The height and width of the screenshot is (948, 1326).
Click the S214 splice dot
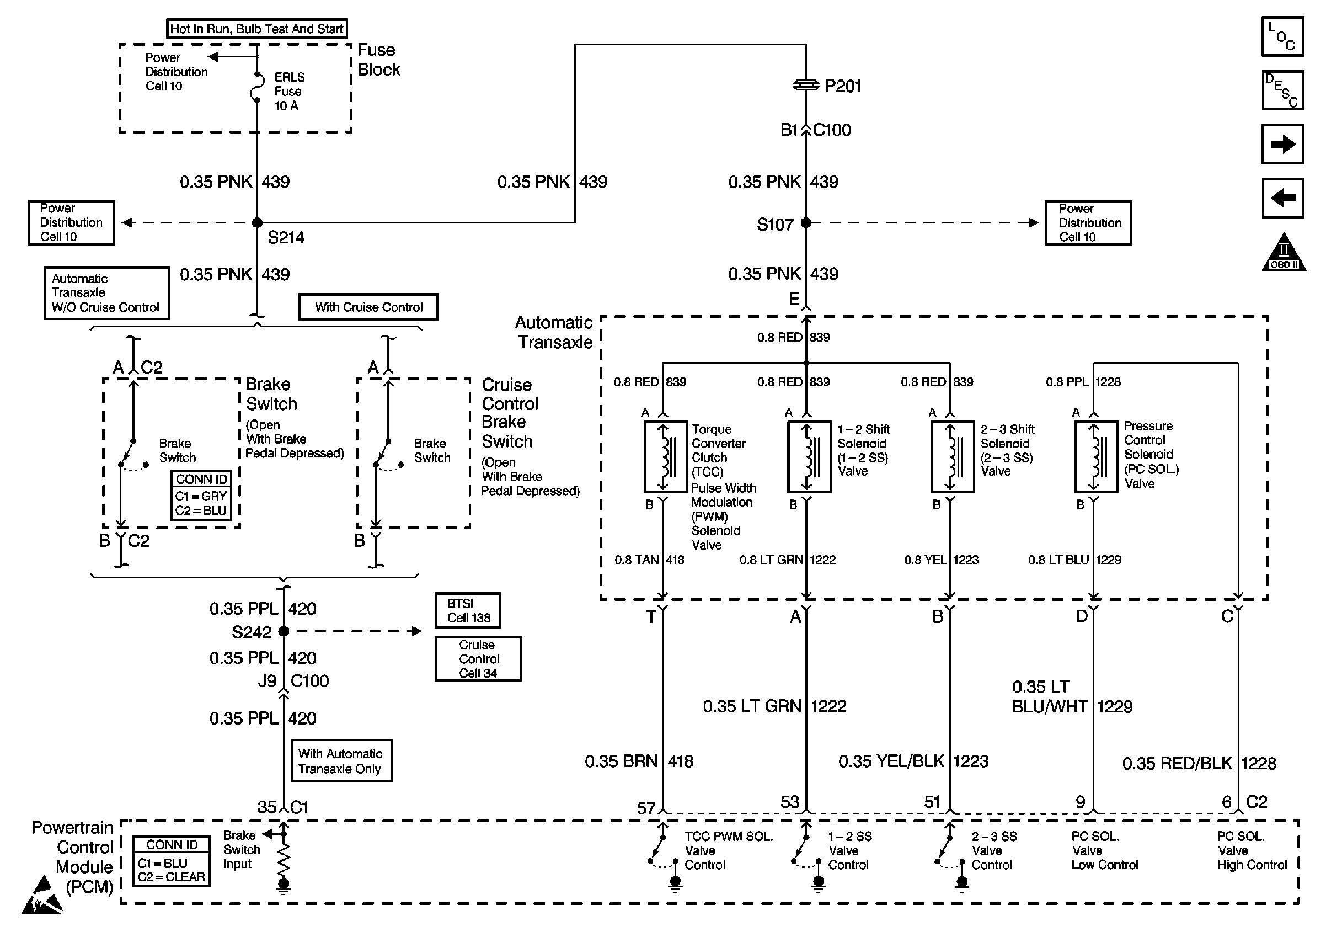pyautogui.click(x=256, y=222)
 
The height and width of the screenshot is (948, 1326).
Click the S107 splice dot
pyautogui.click(x=806, y=222)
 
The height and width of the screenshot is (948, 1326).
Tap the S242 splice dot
pyautogui.click(x=284, y=631)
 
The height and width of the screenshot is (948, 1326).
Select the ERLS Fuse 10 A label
pyautogui.click(x=289, y=91)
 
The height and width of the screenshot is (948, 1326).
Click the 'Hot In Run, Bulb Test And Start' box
pyautogui.click(x=256, y=29)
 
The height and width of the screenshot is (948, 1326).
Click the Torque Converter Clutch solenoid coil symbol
pyautogui.click(x=665, y=456)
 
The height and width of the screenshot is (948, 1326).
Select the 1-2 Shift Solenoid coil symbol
pyautogui.click(x=809, y=456)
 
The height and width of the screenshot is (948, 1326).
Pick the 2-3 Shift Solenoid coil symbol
pyautogui.click(x=952, y=456)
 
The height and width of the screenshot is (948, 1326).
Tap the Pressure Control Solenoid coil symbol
pyautogui.click(x=1095, y=456)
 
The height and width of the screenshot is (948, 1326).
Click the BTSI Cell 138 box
pyautogui.click(x=467, y=610)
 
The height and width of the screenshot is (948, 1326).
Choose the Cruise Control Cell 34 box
pyautogui.click(x=478, y=659)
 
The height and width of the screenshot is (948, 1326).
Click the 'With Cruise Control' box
pyautogui.click(x=368, y=307)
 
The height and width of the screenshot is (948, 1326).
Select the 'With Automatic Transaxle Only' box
pyautogui.click(x=341, y=760)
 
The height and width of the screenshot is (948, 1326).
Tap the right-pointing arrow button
pyautogui.click(x=1282, y=144)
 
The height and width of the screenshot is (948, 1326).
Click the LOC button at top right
pyautogui.click(x=1282, y=37)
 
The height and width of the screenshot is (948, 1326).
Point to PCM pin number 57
pyautogui.click(x=646, y=808)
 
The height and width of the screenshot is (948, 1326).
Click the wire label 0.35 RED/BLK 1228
pyautogui.click(x=1199, y=764)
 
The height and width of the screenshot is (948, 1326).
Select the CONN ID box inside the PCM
pyautogui.click(x=172, y=861)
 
